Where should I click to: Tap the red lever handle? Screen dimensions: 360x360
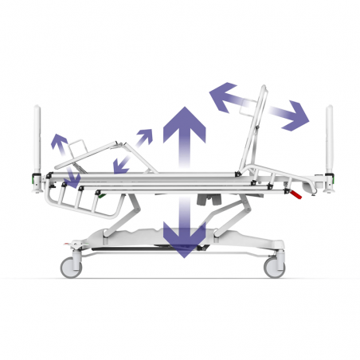coord(295,194)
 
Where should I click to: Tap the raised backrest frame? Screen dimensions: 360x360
coord(256,127)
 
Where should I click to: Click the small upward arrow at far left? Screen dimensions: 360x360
coord(58,143)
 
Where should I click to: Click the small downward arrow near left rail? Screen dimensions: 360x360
coord(73,179)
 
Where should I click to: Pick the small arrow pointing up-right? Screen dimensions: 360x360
coord(146,137)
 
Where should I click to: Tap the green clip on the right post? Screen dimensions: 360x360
coord(334,181)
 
